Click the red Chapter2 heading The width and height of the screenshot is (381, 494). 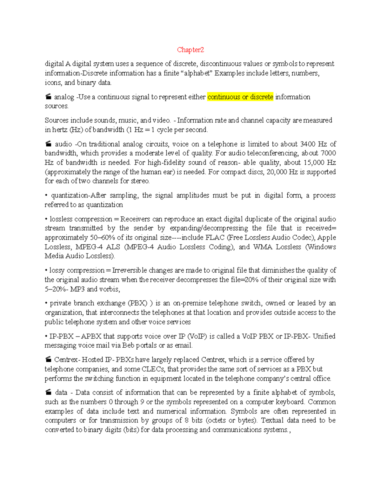[190, 50]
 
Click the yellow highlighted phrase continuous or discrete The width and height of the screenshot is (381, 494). [240, 97]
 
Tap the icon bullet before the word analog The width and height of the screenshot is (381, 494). [48, 97]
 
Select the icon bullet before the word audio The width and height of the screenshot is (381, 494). [48, 144]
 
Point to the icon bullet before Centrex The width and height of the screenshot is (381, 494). [48, 360]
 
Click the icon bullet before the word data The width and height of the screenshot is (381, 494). [48, 393]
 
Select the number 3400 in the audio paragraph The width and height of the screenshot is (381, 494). [308, 144]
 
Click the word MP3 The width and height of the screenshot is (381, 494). [77, 289]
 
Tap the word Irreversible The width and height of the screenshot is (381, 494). [130, 270]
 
